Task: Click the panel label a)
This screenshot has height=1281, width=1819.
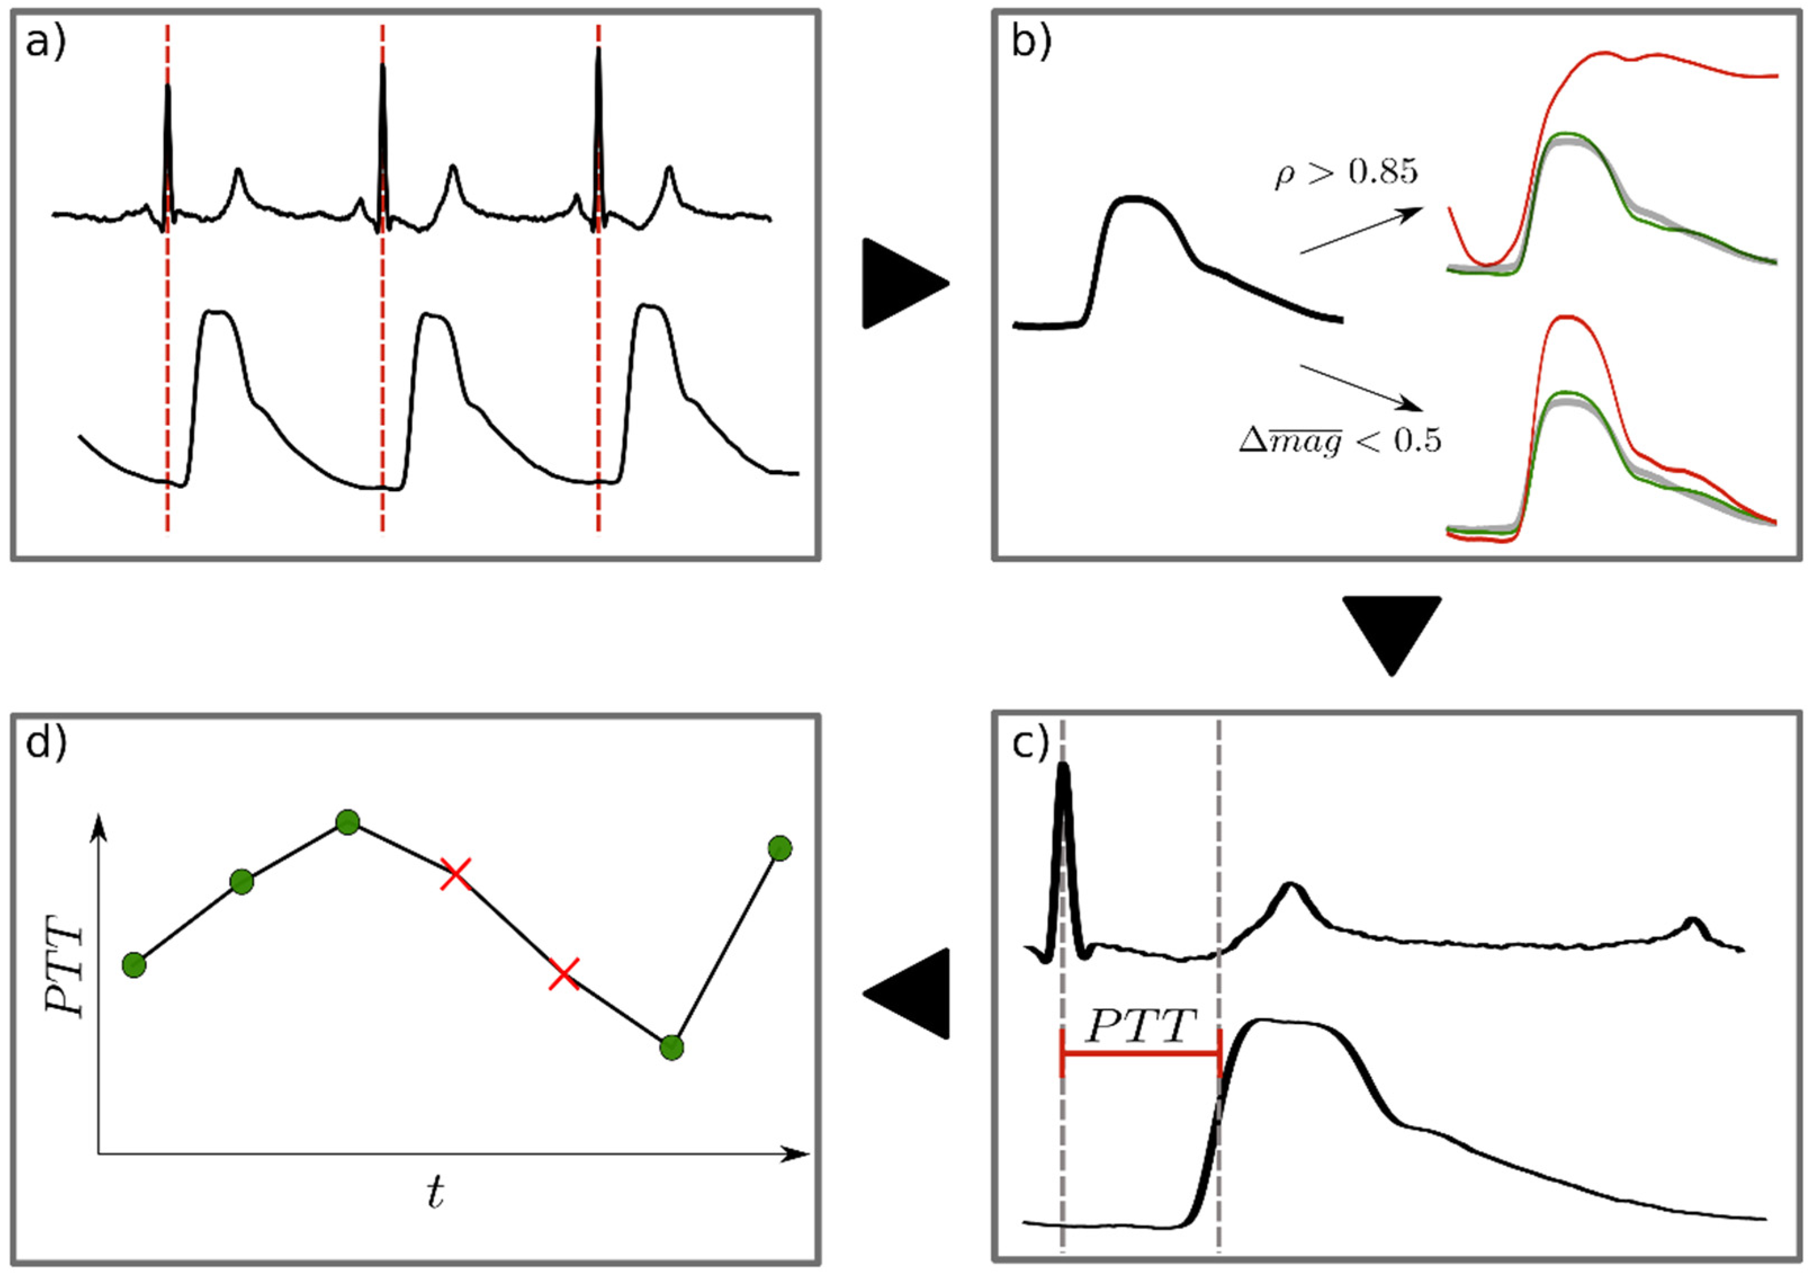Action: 46,43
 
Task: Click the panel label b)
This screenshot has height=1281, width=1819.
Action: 1031,43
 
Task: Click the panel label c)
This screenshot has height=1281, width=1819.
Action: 1031,745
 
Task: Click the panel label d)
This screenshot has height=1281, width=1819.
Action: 47,745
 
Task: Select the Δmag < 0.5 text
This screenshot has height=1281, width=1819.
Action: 1340,441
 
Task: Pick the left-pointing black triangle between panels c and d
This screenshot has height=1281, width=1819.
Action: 908,992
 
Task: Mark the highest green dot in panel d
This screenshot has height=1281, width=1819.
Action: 348,822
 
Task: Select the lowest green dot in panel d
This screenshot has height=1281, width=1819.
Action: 671,1048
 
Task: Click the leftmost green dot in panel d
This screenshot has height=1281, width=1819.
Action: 134,965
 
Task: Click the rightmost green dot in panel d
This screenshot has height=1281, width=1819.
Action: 780,848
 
